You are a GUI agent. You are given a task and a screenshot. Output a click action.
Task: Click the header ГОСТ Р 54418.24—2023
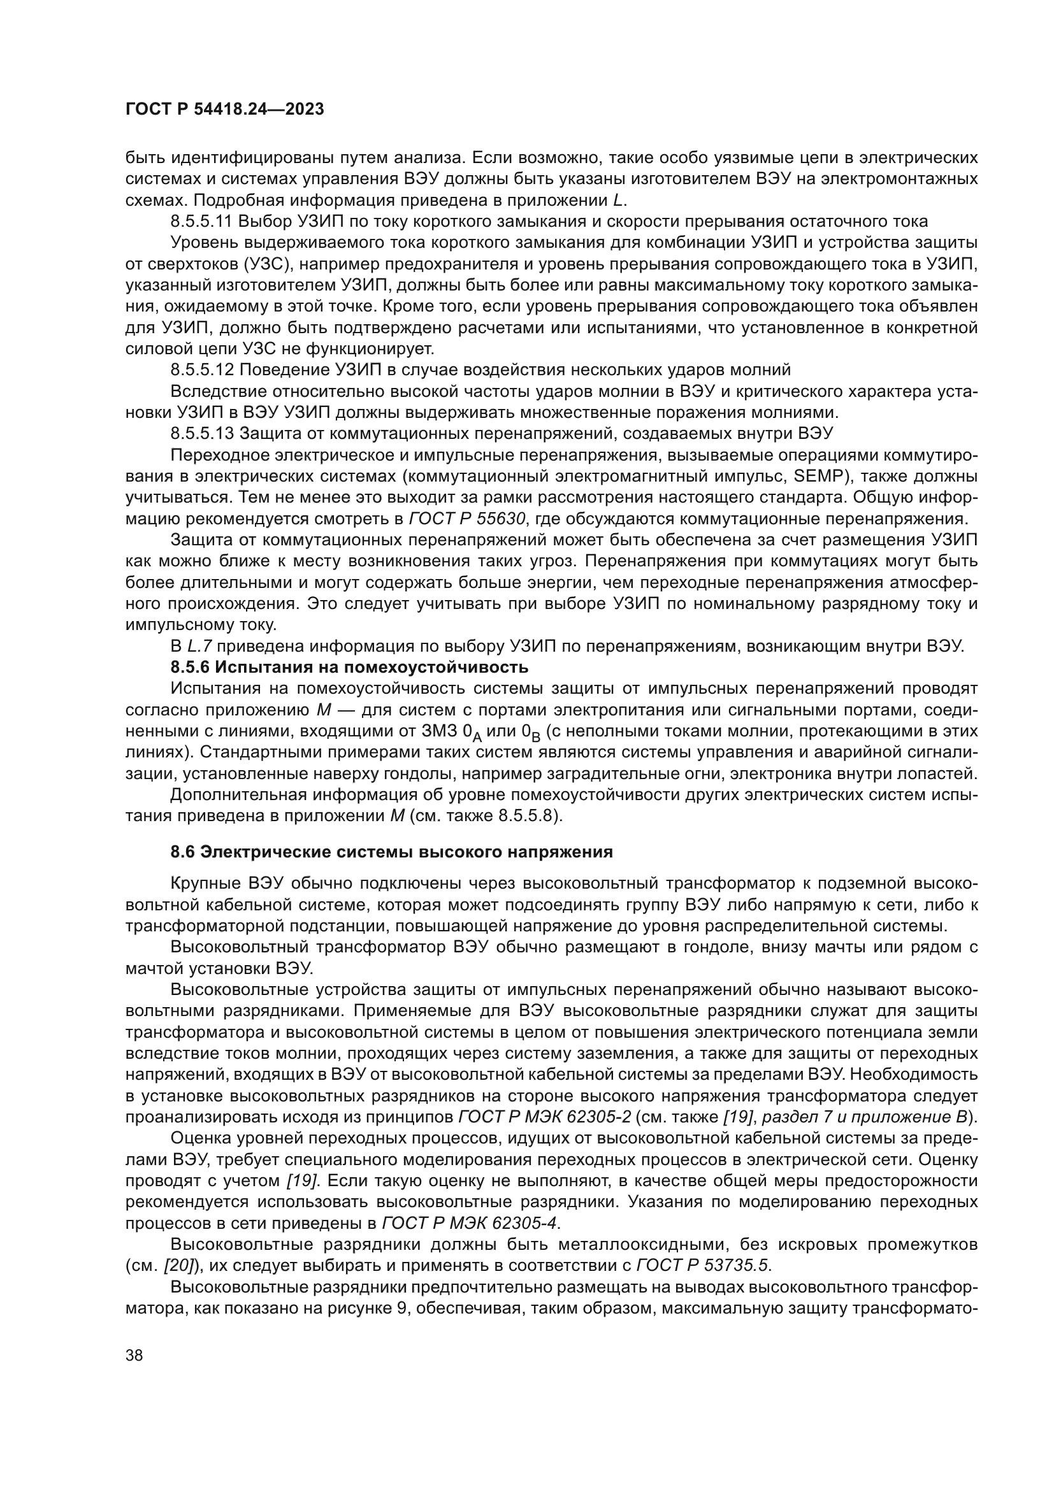[x=224, y=110]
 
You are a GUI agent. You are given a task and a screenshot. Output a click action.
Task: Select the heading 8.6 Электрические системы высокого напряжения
[x=391, y=852]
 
